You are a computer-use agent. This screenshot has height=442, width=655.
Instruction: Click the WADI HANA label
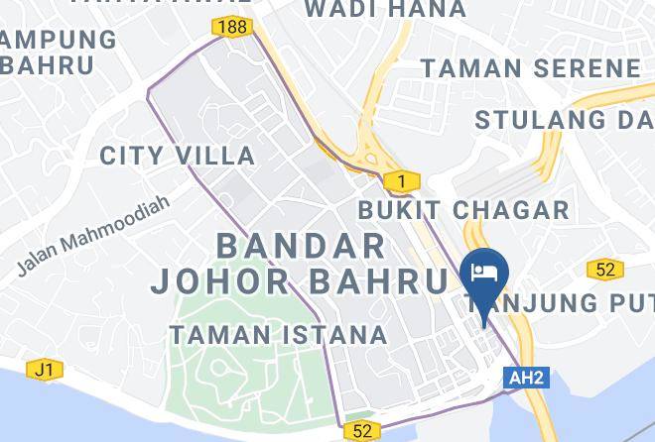[x=384, y=10]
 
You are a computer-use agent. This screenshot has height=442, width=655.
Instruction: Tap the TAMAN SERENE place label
[x=531, y=68]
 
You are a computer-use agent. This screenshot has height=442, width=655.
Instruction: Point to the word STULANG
[x=534, y=120]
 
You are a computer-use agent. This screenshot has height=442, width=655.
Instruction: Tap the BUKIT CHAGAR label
[x=463, y=209]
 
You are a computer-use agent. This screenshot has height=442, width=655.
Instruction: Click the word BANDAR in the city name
[x=300, y=245]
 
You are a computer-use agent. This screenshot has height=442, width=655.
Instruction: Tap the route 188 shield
[x=236, y=27]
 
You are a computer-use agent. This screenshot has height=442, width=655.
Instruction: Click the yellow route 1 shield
[x=401, y=181]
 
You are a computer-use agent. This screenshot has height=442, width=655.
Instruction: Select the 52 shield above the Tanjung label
[x=604, y=269]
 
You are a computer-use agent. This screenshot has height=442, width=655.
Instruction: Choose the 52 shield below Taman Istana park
[x=361, y=431]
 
